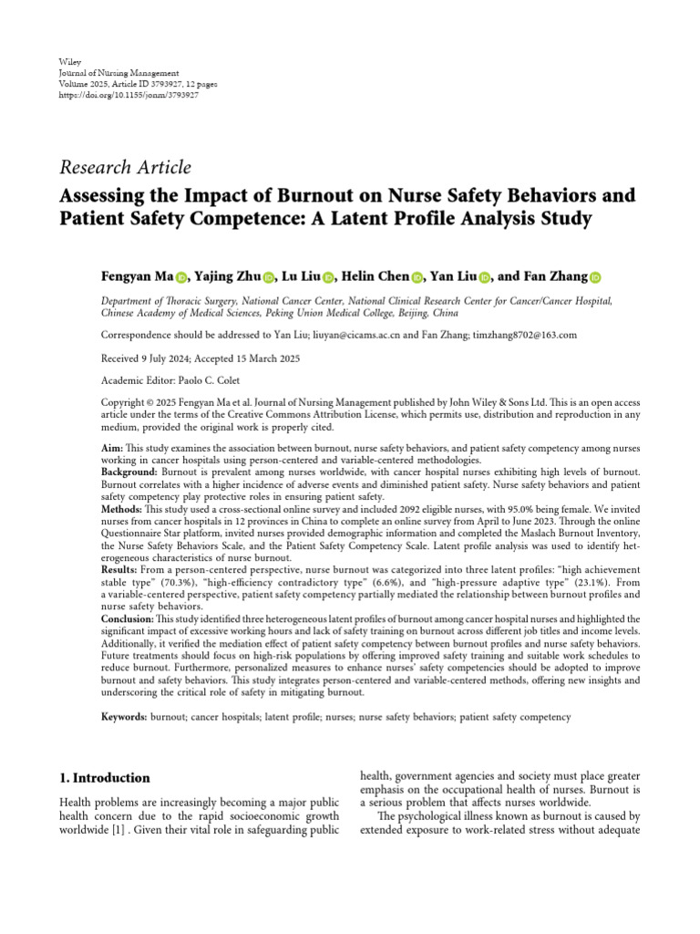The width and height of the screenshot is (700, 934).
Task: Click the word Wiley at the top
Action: point(69,61)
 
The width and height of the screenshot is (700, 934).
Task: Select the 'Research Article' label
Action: point(125,167)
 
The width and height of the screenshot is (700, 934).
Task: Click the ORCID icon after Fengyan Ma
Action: point(180,278)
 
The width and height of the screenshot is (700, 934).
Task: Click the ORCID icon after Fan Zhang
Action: point(595,278)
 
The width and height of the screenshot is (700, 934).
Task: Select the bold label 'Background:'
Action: point(129,472)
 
